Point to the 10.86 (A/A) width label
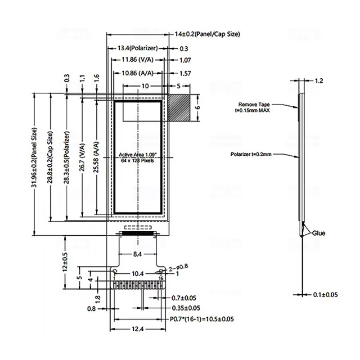(x=136, y=73)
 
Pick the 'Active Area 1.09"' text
(x=137, y=155)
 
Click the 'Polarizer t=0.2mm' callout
(x=251, y=154)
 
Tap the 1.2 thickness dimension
(x=319, y=81)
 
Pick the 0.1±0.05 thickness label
(x=325, y=294)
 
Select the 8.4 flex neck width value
(x=137, y=254)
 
